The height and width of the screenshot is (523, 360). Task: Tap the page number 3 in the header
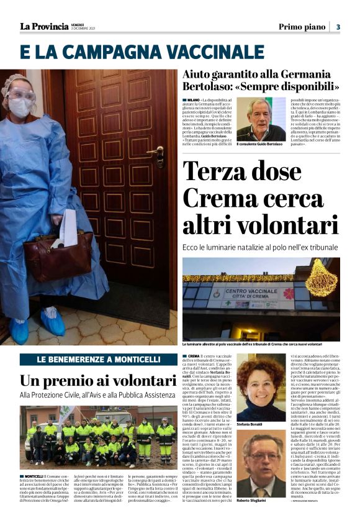[x=338, y=27]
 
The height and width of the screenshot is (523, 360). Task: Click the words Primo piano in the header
[x=302, y=27]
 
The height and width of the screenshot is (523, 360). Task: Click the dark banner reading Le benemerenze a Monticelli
[x=98, y=360]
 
